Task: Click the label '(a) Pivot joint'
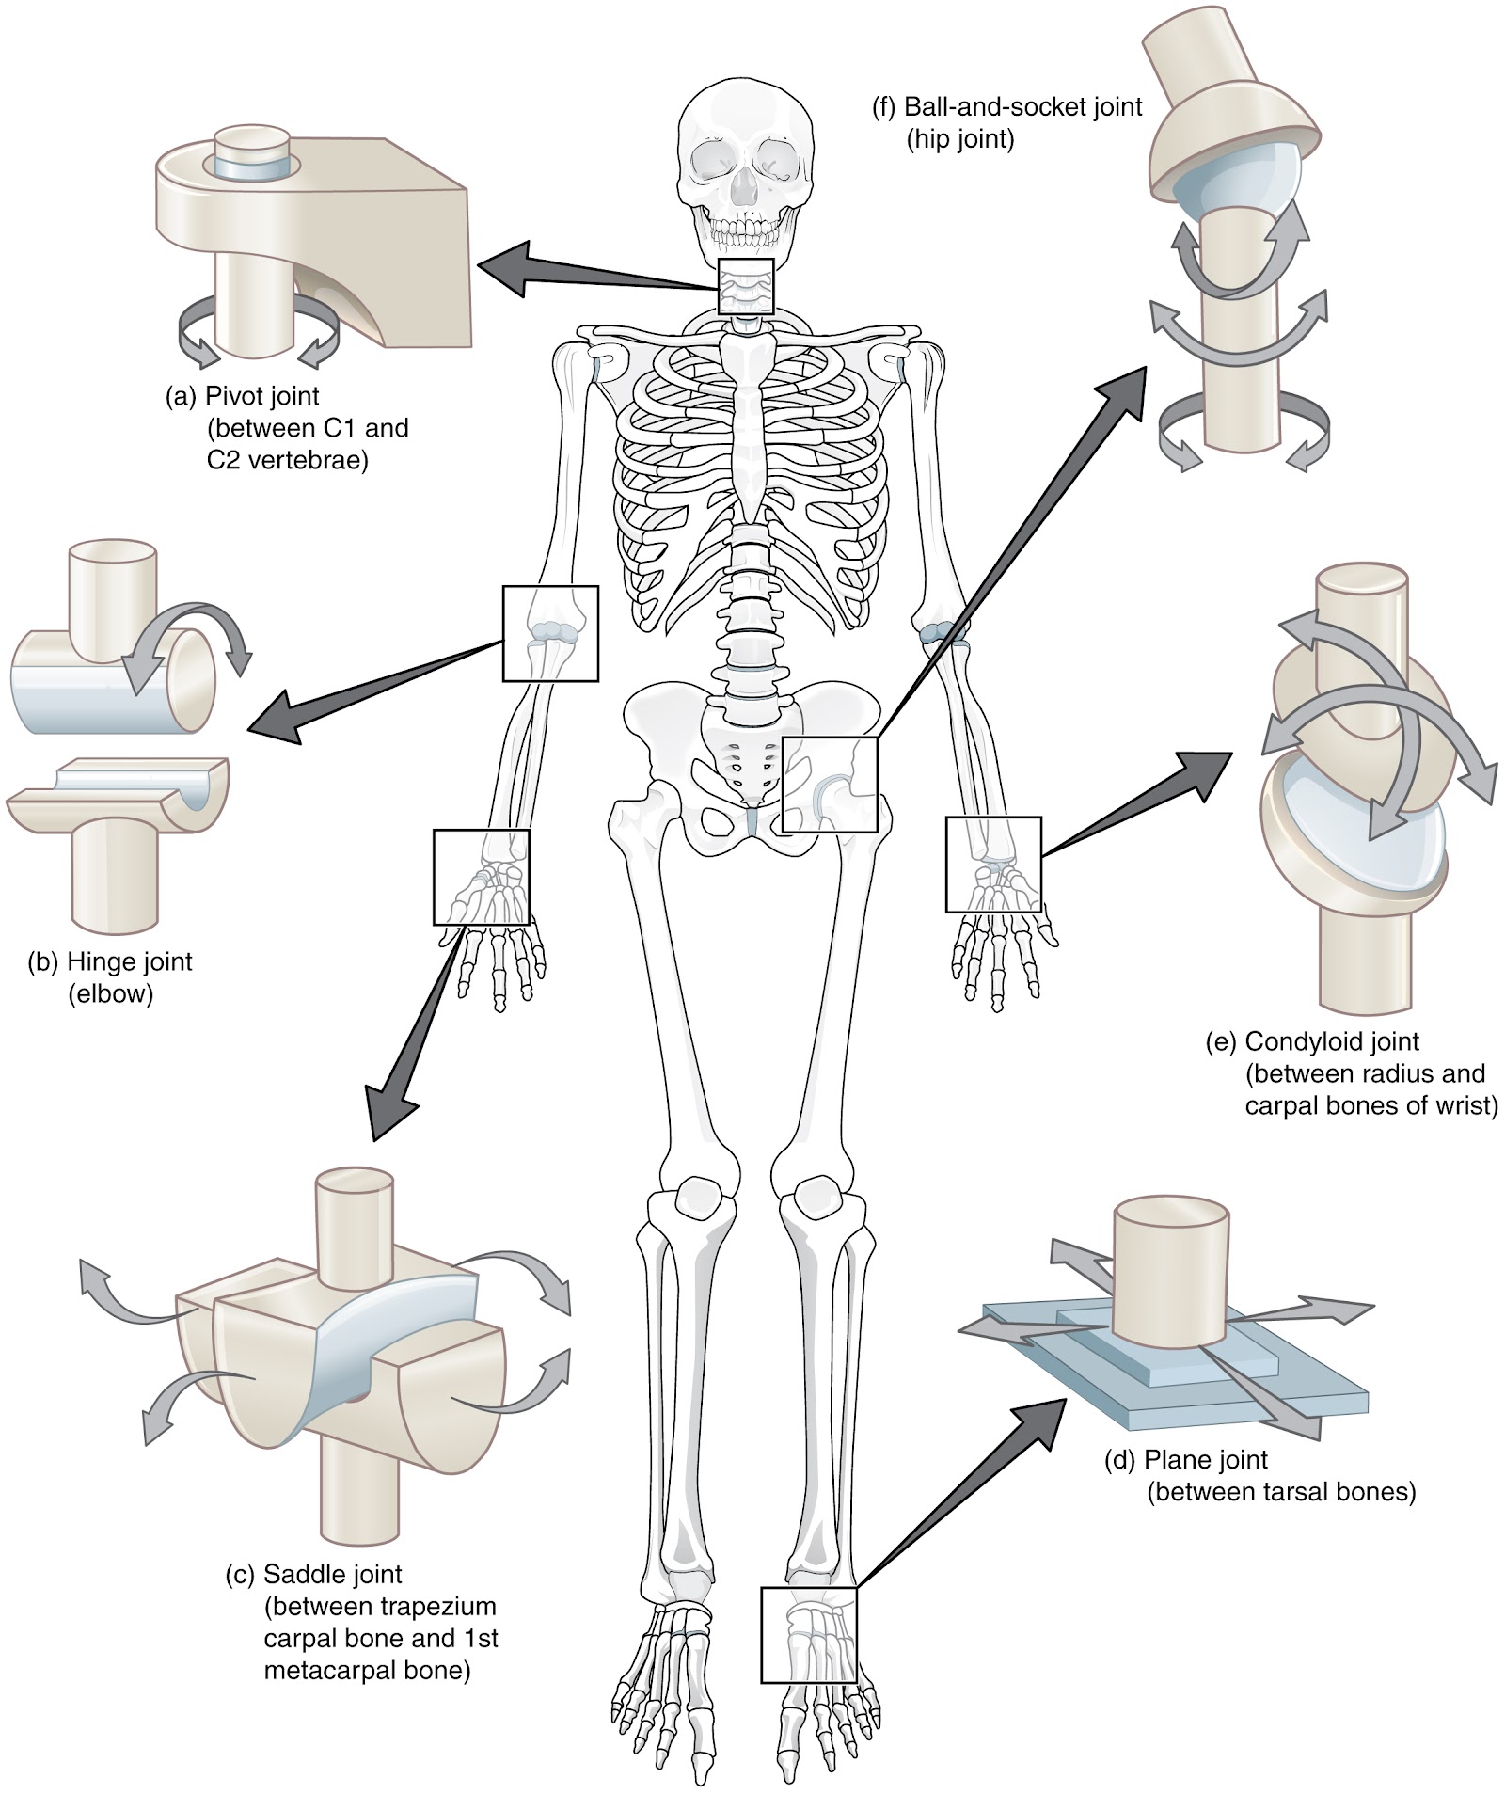click(243, 397)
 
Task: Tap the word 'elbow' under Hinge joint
click(110, 994)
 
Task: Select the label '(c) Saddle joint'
click(313, 1574)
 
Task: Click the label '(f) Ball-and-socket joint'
click(1007, 107)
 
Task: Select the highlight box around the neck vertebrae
click(746, 287)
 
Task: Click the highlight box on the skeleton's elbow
click(550, 633)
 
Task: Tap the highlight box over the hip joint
click(830, 785)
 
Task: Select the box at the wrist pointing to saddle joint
click(481, 877)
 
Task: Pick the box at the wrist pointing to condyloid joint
click(993, 865)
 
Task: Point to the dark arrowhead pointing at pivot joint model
click(503, 267)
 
